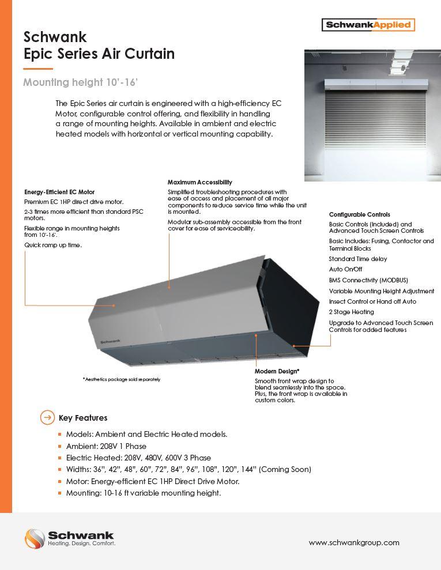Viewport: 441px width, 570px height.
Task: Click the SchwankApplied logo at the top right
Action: pos(368,25)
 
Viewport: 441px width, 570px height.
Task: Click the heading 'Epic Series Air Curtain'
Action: pos(99,54)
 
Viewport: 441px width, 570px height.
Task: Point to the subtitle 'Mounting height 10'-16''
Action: pos(80,82)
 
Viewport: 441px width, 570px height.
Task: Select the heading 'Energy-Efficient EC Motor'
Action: pos(59,192)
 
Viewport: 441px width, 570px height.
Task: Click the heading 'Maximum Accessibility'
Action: pos(199,182)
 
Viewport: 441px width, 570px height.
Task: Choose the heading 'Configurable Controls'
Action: pos(359,214)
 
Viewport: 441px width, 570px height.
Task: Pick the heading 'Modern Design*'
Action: pos(277,372)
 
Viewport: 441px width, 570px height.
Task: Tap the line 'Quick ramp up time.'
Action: pos(53,245)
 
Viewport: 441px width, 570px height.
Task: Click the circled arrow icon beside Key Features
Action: pos(47,418)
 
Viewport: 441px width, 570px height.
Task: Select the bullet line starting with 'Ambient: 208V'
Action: pos(106,446)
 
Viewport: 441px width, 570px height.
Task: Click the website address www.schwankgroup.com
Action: pos(354,542)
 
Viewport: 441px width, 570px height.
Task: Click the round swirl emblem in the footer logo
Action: pos(35,539)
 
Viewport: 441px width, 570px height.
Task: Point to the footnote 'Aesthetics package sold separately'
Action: pos(122,379)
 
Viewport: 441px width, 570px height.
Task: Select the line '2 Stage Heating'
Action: pos(351,312)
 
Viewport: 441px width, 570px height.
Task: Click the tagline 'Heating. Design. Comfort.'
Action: pos(81,543)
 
